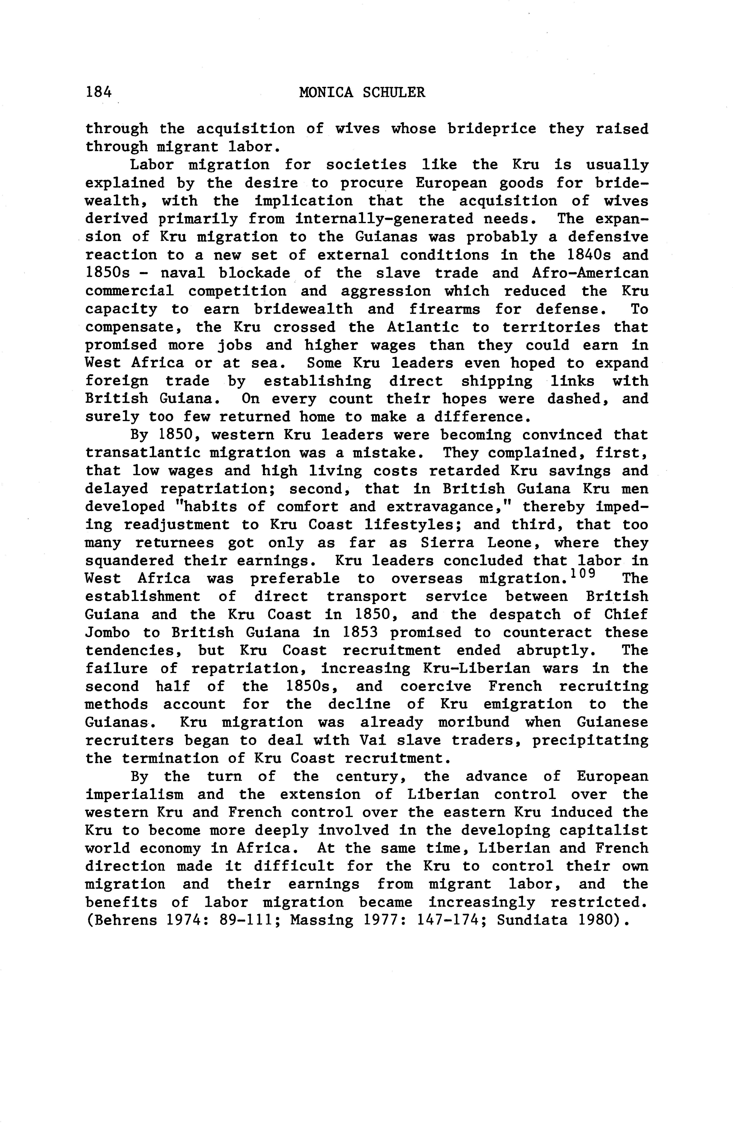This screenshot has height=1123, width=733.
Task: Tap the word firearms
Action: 445,310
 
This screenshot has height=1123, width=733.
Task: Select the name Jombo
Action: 107,633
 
